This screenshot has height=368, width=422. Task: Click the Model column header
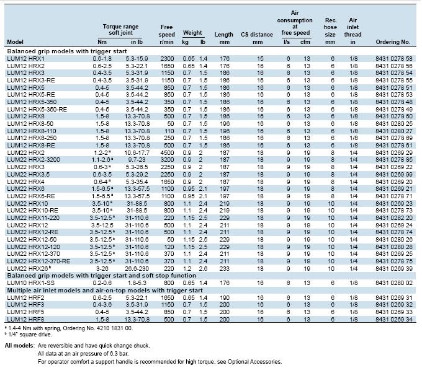pos(15,42)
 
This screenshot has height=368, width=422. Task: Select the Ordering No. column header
pos(393,42)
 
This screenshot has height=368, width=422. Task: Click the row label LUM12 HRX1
pos(25,59)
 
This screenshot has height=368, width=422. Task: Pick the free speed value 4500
pos(167,152)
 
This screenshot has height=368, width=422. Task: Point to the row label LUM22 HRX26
pos(29,268)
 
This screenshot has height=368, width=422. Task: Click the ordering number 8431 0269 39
pos(394,268)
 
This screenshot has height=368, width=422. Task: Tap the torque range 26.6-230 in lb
pos(137,268)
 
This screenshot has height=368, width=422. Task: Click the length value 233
pos(225,268)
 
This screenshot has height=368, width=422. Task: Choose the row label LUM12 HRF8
pos(25,319)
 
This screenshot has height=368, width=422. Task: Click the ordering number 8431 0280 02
pos(394,283)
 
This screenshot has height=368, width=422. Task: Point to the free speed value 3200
pos(167,160)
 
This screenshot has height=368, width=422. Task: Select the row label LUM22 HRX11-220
pos(33,217)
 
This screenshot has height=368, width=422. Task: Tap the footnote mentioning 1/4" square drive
pos(29,335)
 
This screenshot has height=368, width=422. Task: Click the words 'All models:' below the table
pos(20,346)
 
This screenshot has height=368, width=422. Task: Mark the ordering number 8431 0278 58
pos(394,59)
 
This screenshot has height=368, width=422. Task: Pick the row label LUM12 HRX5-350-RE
pos(37,109)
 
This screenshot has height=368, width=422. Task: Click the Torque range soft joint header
pos(120,30)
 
